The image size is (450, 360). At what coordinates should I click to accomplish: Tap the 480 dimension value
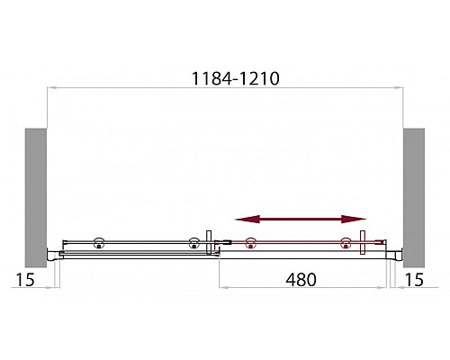[x=301, y=279]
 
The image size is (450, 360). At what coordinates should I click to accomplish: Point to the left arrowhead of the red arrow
[x=240, y=219]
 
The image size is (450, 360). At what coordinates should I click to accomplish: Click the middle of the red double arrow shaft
[x=301, y=219]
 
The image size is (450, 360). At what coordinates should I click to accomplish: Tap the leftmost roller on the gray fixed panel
[x=98, y=243]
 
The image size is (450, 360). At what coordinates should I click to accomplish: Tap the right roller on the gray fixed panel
[x=193, y=243]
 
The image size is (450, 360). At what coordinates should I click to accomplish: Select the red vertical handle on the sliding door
[x=362, y=243]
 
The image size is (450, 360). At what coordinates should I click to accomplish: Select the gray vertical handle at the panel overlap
[x=210, y=243]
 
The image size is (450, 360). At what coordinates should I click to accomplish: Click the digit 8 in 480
[x=301, y=279]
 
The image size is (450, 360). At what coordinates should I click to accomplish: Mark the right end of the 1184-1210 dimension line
[x=400, y=87]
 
